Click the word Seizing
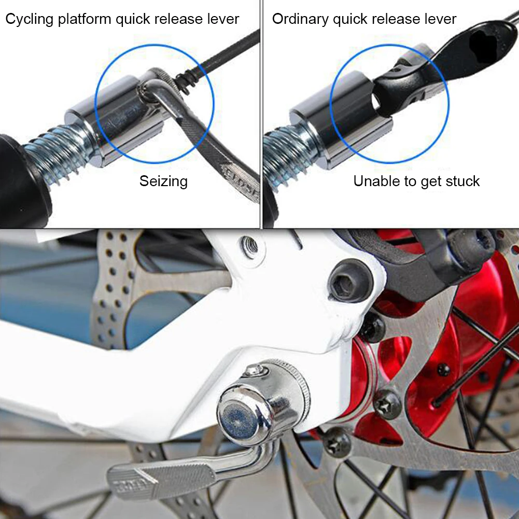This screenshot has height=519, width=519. [x=163, y=181]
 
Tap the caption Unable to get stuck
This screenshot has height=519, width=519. [x=416, y=181]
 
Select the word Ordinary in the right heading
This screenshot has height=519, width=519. [x=300, y=20]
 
